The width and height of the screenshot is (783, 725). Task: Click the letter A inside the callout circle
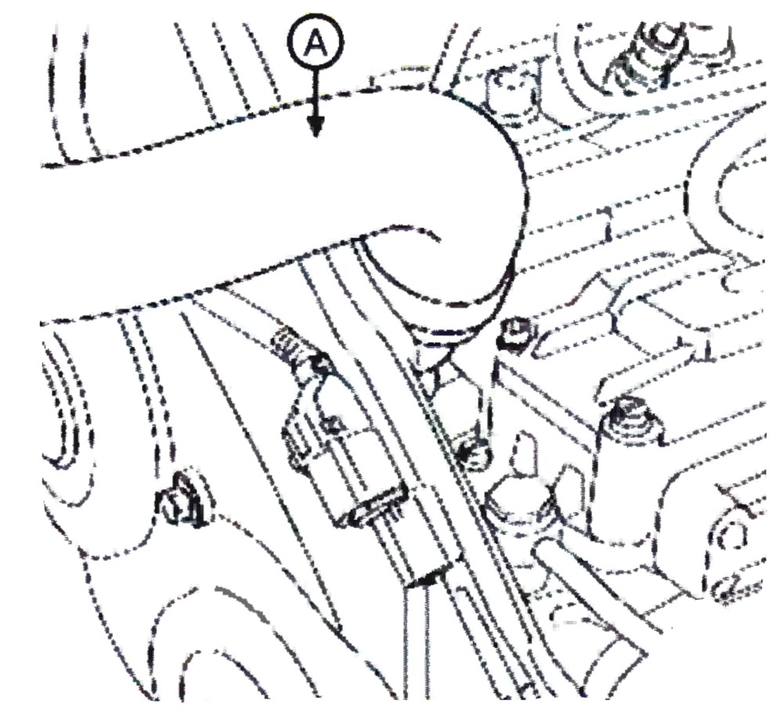click(x=316, y=43)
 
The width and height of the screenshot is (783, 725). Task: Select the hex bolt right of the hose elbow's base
click(x=514, y=332)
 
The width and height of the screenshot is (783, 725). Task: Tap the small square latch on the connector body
click(x=331, y=425)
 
